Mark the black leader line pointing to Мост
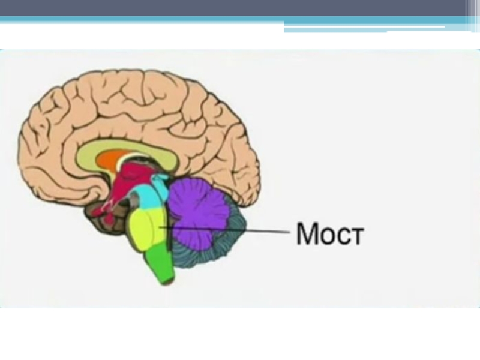coord(240,230)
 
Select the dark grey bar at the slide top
coord(240,8)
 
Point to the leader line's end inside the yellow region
coord(161,227)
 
